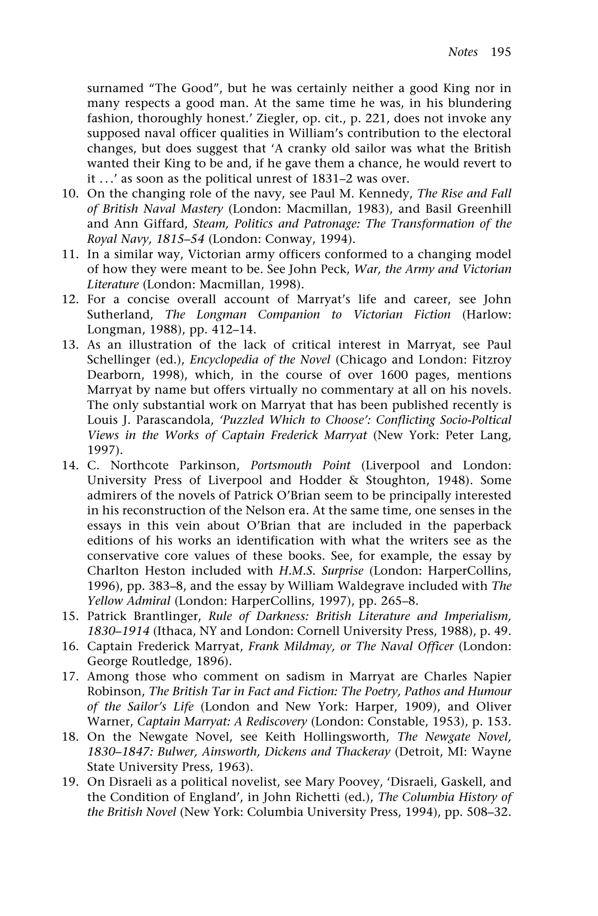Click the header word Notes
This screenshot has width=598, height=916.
pos(462,52)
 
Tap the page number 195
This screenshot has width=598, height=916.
pos(500,52)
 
